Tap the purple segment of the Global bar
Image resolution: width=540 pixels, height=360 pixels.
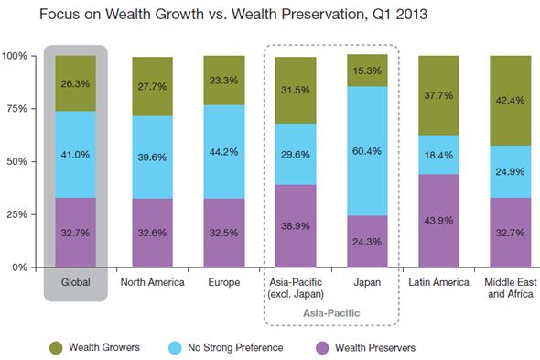[74, 234]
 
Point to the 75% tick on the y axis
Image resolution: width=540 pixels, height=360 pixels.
[18, 109]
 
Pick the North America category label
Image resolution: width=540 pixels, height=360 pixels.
[153, 281]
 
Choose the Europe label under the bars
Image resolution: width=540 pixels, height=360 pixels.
[223, 281]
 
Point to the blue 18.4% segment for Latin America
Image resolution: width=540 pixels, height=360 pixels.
[439, 155]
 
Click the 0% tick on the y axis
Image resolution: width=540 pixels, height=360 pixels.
[22, 267]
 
